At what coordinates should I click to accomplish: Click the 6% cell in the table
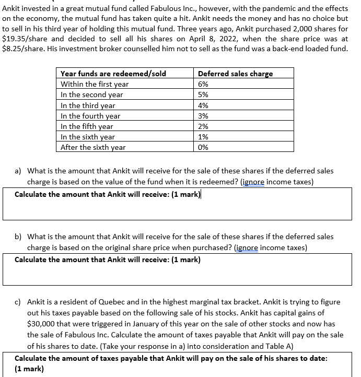tap(203, 84)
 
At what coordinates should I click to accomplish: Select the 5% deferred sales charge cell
tap(203, 95)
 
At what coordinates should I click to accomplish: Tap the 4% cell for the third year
tap(203, 105)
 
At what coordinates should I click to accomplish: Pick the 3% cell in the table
tap(203, 116)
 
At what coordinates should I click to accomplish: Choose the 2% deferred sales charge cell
tap(203, 126)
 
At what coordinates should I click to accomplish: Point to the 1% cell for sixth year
tap(203, 137)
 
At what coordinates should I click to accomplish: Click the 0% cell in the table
tap(203, 147)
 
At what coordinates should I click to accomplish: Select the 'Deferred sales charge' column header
tap(235, 74)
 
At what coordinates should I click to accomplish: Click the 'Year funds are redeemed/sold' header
tap(113, 74)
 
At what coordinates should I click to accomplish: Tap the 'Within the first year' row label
tap(95, 84)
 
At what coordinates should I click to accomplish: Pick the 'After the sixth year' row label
tap(93, 147)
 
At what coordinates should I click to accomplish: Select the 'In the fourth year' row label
tap(90, 116)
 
